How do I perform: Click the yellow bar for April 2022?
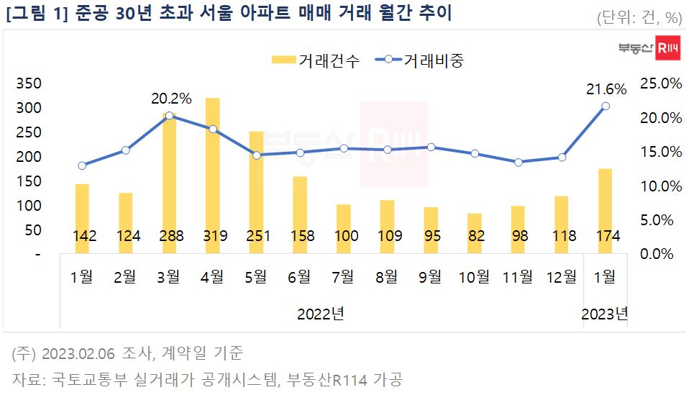pos(212,173)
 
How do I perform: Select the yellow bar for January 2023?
pos(605,209)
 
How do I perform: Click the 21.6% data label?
pos(606,89)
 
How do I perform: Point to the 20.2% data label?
pos(171,99)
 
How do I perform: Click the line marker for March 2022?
pos(169,116)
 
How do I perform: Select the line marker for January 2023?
pos(605,106)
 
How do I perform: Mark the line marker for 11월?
pos(518,162)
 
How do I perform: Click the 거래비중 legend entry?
pos(421,60)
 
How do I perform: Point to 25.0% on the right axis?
pos(661,83)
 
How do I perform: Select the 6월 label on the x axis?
pos(299,277)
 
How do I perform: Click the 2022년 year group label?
pos(320,314)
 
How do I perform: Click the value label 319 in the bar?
pos(212,236)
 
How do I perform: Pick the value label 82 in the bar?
pos(474,236)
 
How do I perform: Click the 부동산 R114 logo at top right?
pos(648,48)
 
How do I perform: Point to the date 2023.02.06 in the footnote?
pos(77,353)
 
